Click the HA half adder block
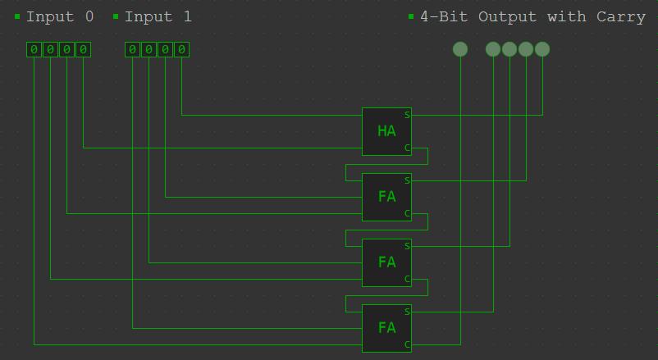(x=386, y=131)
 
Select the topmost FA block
(x=386, y=197)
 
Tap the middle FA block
(x=386, y=262)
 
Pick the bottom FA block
(x=386, y=328)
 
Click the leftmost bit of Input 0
(x=34, y=50)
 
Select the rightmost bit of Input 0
(x=83, y=50)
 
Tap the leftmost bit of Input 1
(x=132, y=50)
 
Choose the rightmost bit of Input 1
(x=181, y=50)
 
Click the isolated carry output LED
(x=460, y=49)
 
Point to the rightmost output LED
(x=542, y=49)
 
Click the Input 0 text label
(x=60, y=16)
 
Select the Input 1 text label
(x=158, y=16)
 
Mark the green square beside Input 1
(x=116, y=16)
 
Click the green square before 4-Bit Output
(x=411, y=16)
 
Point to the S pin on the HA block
(x=407, y=115)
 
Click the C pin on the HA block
(x=407, y=148)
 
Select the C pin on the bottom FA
(x=407, y=344)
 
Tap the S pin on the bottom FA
(x=407, y=312)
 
